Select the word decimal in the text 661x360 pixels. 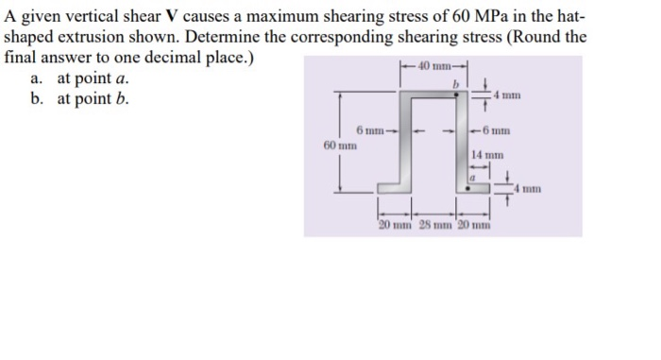186,57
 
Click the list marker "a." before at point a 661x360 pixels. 40,77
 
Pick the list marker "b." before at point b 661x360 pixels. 40,98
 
